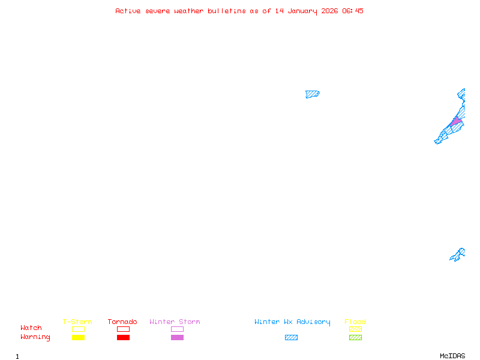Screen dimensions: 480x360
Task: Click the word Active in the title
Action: (x=128, y=11)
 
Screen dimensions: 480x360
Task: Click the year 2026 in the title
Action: (x=329, y=11)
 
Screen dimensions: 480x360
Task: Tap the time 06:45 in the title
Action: (x=353, y=11)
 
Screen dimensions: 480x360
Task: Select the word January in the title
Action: (x=302, y=11)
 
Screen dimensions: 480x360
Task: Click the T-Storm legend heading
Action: (x=77, y=322)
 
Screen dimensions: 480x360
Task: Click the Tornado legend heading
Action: (x=122, y=322)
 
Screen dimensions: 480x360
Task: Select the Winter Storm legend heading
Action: (x=175, y=322)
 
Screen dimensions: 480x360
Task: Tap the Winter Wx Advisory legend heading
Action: (x=292, y=322)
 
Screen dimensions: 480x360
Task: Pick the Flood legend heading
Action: (x=355, y=322)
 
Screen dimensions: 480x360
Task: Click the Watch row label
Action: (x=31, y=328)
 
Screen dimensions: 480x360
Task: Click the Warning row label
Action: (x=35, y=337)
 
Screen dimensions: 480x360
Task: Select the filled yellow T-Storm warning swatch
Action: (x=79, y=337)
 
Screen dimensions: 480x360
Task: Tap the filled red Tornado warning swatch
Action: (x=124, y=337)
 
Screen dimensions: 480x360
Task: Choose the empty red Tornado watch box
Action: (x=124, y=329)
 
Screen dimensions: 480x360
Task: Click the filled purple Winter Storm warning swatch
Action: (x=177, y=337)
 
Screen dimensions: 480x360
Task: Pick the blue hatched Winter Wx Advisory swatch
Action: (x=291, y=337)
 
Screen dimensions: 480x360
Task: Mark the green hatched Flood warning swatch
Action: (x=355, y=337)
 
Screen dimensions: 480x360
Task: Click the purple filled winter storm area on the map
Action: (x=456, y=121)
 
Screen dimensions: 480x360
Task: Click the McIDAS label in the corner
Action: (x=452, y=356)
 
